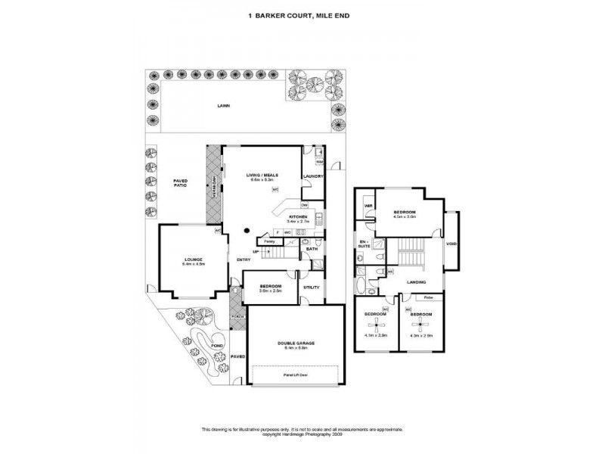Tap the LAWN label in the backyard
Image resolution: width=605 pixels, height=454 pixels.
tap(223, 107)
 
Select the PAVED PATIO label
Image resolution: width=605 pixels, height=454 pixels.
tap(180, 183)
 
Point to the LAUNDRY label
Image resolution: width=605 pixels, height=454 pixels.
tap(313, 177)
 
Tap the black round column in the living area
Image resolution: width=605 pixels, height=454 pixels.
tap(247, 230)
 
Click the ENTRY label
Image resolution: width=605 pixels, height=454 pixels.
tap(244, 260)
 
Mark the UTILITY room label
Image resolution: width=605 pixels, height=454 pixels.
tap(312, 287)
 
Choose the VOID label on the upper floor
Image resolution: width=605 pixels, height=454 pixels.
tap(451, 244)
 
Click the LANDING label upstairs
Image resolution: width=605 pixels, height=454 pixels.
tap(416, 282)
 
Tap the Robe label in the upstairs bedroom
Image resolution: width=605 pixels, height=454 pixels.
tap(428, 297)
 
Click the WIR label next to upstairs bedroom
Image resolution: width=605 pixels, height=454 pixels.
tap(368, 206)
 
